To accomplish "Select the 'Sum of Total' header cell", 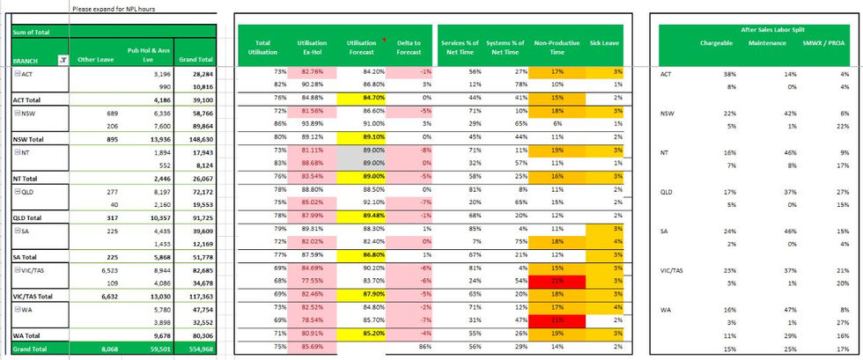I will pyautogui.click(x=32, y=33).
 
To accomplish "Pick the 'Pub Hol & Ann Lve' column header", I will pyautogui.click(x=147, y=55).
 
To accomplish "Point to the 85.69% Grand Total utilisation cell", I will pyautogui.click(x=312, y=348).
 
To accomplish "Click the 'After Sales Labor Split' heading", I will pyautogui.click(x=756, y=29).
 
